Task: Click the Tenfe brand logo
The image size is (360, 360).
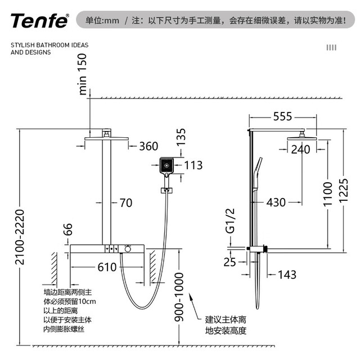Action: (x=39, y=20)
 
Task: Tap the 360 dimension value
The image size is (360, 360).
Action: (x=148, y=146)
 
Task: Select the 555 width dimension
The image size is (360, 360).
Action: (x=282, y=116)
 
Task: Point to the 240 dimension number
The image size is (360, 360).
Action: (x=300, y=150)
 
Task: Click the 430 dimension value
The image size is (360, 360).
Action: (x=276, y=202)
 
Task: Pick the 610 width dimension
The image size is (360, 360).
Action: (x=107, y=267)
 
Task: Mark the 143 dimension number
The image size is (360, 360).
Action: (x=287, y=274)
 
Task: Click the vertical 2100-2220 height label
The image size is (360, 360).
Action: (x=20, y=237)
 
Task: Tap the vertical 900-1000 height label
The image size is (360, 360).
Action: (x=179, y=297)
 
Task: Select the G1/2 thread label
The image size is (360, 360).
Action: (x=230, y=220)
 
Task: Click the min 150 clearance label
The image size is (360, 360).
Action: (x=83, y=74)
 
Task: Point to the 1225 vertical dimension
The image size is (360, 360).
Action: (x=344, y=191)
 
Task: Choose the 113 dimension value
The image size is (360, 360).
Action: (x=193, y=165)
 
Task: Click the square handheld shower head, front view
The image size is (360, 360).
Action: (x=166, y=166)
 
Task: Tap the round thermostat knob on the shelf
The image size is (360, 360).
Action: (x=128, y=249)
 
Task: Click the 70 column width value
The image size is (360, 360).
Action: (x=126, y=202)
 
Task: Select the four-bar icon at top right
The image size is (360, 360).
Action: (x=331, y=47)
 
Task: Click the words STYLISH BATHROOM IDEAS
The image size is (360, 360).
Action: (x=49, y=45)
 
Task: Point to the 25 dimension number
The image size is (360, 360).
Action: (x=230, y=262)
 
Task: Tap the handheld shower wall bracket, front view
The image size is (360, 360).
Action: (x=166, y=190)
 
